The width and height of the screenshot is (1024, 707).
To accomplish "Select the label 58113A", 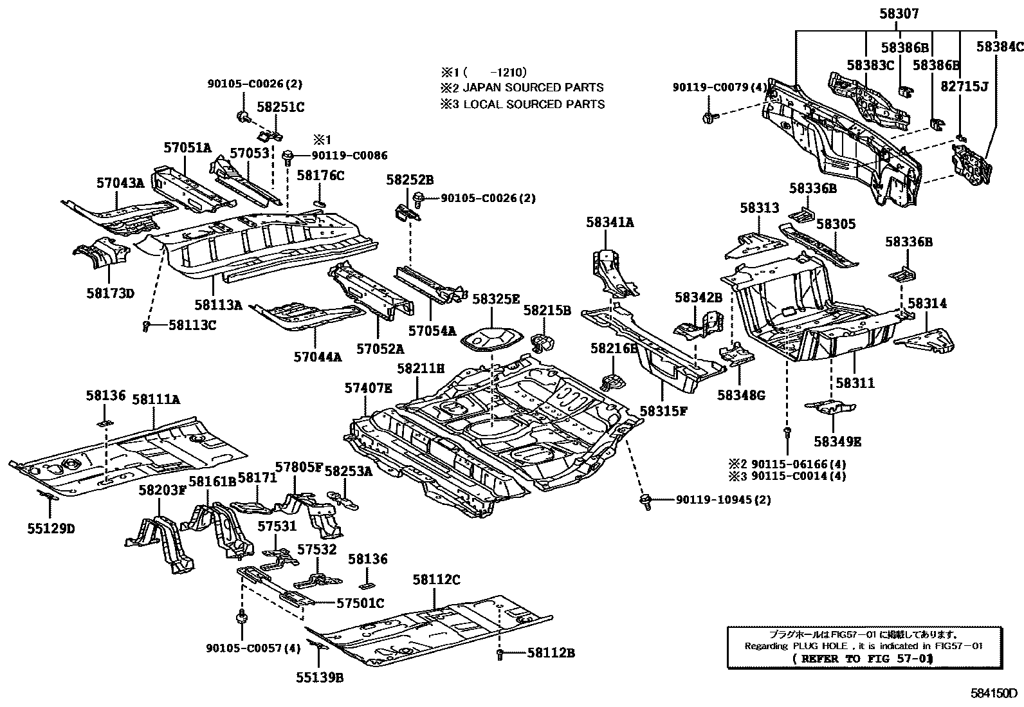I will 218,304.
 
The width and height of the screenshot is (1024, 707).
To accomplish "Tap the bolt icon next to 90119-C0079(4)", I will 708,117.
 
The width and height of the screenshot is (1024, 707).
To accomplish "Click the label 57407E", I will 368,388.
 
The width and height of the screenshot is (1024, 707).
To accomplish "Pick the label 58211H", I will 421,369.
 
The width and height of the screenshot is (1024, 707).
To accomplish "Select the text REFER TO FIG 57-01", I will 862,658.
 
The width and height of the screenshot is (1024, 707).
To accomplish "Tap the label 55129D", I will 51,529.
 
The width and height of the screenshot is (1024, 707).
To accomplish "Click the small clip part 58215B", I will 544,342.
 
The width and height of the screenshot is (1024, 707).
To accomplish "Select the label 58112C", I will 436,580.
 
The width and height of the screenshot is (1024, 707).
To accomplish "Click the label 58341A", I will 610,223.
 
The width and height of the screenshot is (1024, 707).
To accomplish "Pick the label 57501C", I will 360,603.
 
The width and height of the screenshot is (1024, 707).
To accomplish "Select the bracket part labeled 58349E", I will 832,407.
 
